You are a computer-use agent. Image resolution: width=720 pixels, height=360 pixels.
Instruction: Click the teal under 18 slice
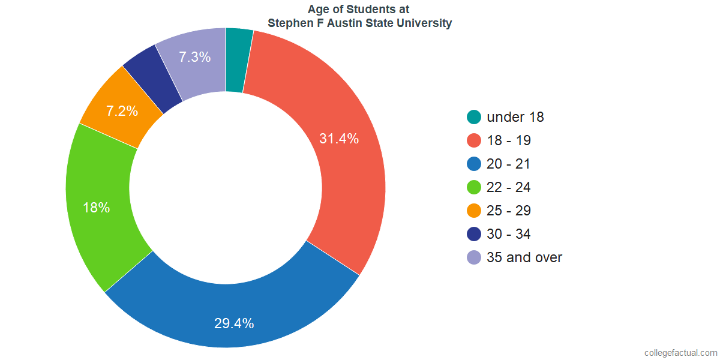pos(238,60)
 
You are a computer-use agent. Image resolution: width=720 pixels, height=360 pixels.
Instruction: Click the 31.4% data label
pos(339,139)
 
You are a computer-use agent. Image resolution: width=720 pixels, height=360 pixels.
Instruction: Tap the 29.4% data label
pos(234,323)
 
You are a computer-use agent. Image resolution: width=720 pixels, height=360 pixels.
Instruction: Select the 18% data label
pos(97,208)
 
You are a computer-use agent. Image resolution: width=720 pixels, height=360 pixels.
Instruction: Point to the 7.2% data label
pos(122,111)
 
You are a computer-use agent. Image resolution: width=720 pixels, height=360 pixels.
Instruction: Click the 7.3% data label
pos(195,58)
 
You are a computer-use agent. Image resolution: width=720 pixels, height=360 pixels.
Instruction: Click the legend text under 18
pos(515,117)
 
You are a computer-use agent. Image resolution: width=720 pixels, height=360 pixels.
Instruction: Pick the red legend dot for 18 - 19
pos(474,140)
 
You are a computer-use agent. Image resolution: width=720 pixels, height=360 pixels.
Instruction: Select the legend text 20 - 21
pos(509,164)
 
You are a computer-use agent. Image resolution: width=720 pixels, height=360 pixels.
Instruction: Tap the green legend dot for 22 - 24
pos(474,187)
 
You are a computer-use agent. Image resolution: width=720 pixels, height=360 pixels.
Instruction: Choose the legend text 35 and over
pos(524,257)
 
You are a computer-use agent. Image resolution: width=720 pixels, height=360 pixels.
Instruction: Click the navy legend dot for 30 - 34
pos(474,234)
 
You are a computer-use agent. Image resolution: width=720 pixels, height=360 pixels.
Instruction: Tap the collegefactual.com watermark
pos(680,353)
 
